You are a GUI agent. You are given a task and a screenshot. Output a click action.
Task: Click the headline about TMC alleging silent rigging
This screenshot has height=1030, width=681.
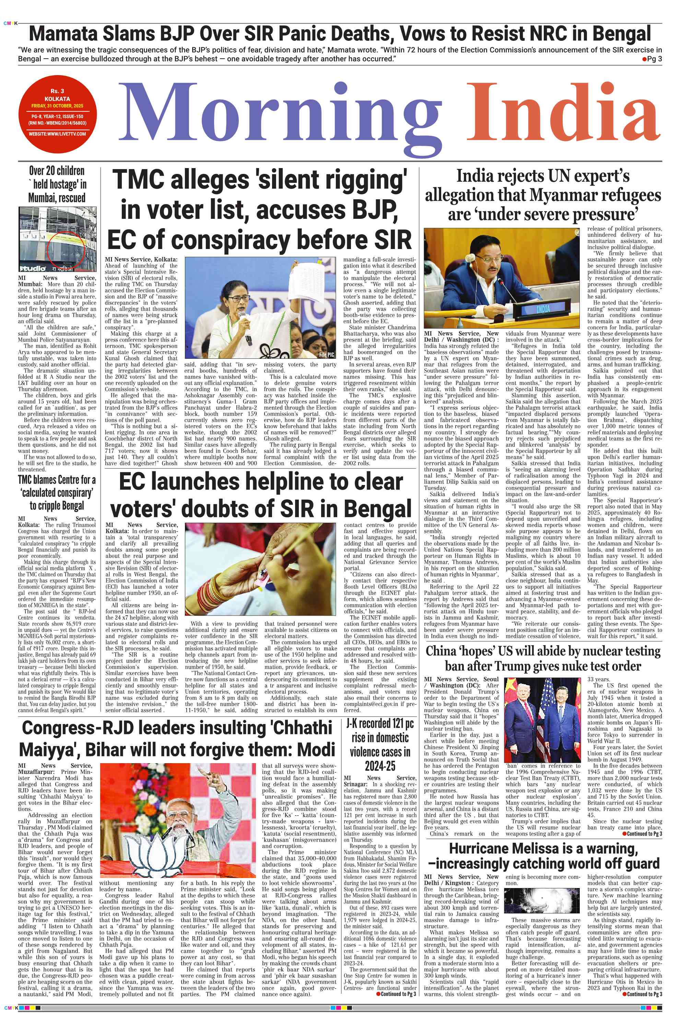point(259,210)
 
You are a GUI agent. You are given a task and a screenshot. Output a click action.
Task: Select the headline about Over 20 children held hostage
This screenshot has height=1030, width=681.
point(57,185)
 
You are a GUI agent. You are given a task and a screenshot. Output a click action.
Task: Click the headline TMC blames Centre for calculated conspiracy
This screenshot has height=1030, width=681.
point(57,493)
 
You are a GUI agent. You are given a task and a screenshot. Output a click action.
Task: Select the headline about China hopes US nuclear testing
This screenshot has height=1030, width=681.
point(543,658)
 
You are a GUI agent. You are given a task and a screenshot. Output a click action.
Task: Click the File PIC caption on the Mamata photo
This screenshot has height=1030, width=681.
point(327,355)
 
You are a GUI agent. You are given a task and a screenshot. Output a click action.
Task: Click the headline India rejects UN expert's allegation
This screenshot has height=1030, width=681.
point(543,196)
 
